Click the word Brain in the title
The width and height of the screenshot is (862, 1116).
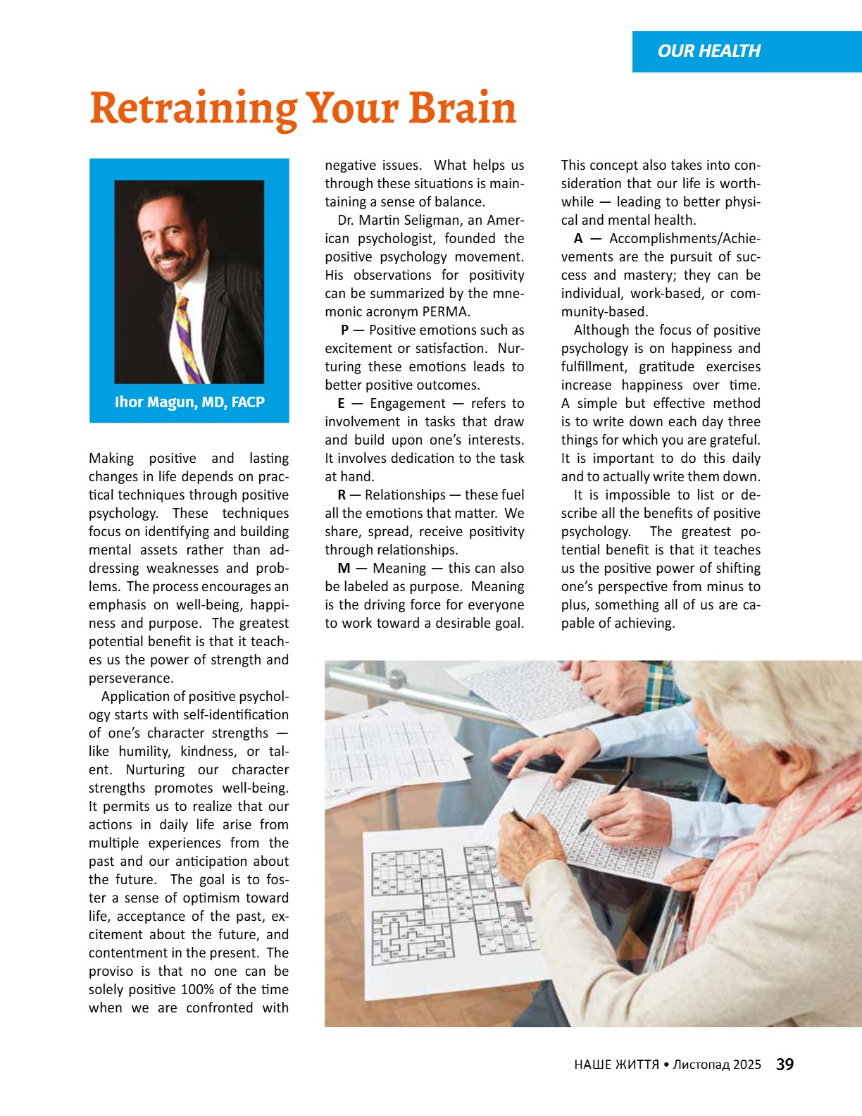pos(462,109)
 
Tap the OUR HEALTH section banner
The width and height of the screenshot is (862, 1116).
pos(708,51)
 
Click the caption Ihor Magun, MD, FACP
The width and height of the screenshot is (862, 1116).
pos(189,402)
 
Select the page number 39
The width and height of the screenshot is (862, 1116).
pos(785,1065)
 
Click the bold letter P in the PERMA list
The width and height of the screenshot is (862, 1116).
pos(344,330)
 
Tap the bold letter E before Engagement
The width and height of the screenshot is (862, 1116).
pos(341,404)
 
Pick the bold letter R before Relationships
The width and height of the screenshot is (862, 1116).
pos(342,495)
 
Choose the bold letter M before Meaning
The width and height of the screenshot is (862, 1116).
pos(344,569)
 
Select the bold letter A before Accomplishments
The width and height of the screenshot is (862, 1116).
pos(578,239)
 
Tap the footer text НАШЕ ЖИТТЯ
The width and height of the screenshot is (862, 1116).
pos(616,1065)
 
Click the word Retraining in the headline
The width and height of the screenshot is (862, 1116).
pos(192,109)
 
